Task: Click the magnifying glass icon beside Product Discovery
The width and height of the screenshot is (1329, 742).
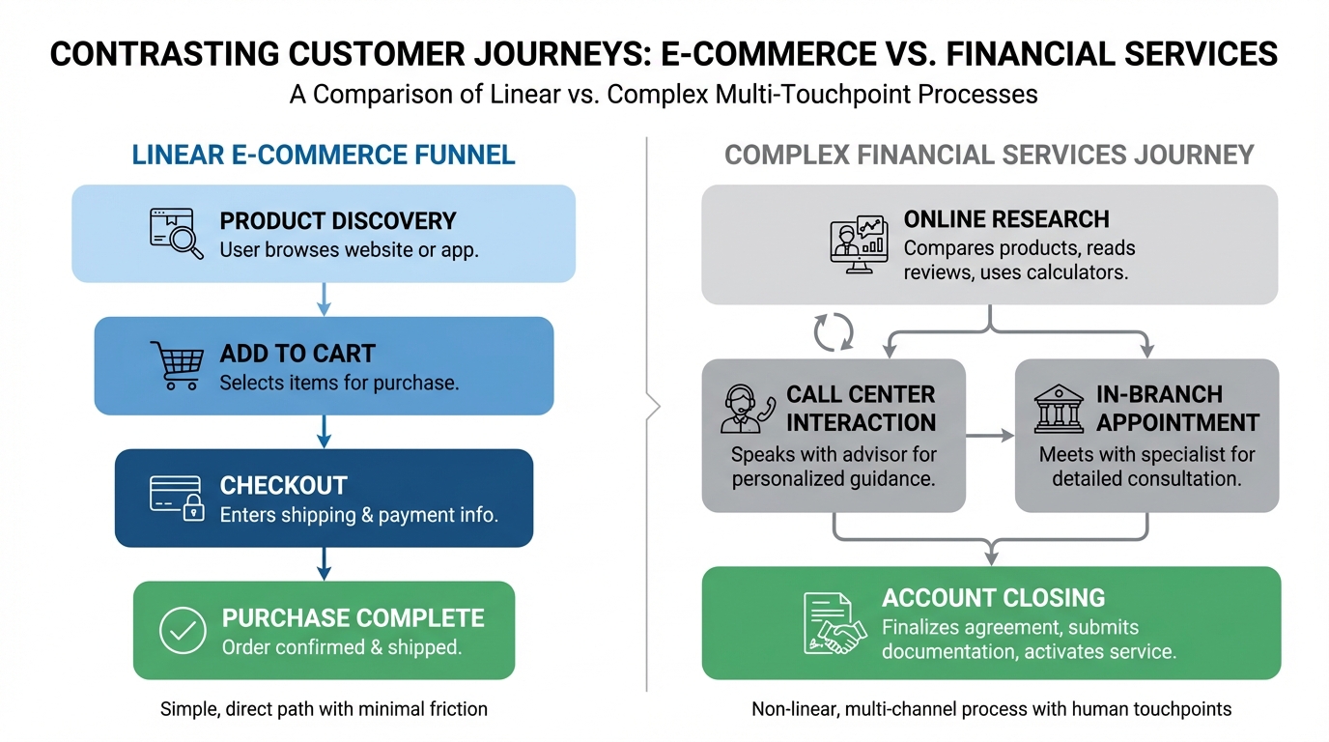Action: pyautogui.click(x=177, y=234)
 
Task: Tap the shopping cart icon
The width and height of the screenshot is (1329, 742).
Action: pyautogui.click(x=177, y=365)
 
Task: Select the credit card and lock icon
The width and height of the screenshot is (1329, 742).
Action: pyautogui.click(x=177, y=499)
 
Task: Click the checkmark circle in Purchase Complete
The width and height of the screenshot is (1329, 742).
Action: pyautogui.click(x=183, y=631)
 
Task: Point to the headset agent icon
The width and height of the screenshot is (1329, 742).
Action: pyautogui.click(x=748, y=409)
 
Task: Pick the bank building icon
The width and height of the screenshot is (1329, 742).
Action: pyautogui.click(x=1059, y=409)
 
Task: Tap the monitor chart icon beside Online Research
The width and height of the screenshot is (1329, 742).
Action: pyautogui.click(x=858, y=244)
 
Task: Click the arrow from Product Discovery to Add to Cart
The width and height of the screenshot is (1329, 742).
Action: pyautogui.click(x=325, y=300)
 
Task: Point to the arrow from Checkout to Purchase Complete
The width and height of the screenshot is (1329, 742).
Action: pyautogui.click(x=325, y=563)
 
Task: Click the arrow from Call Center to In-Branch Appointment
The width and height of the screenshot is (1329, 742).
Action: pyautogui.click(x=990, y=436)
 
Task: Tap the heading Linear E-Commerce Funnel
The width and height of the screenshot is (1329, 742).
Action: pyautogui.click(x=324, y=155)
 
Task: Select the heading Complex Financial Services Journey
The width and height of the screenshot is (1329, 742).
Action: pyautogui.click(x=989, y=155)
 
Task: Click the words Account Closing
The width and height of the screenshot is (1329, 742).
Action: pyautogui.click(x=993, y=597)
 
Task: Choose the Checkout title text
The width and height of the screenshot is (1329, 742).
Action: pyautogui.click(x=283, y=485)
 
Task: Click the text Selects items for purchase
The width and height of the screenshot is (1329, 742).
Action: pyautogui.click(x=339, y=383)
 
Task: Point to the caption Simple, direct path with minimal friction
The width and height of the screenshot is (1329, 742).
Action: pyautogui.click(x=324, y=709)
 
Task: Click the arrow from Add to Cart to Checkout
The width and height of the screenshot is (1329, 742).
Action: pyautogui.click(x=325, y=432)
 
